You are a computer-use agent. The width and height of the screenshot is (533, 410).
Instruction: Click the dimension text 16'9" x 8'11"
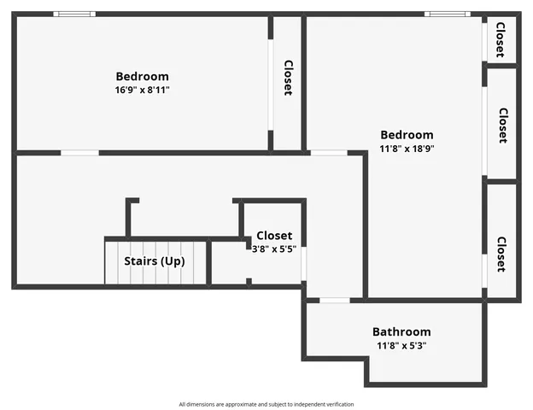[x=142, y=90]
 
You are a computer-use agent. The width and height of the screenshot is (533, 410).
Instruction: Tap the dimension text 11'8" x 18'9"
[x=407, y=148]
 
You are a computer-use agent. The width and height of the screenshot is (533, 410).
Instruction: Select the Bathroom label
[x=401, y=331]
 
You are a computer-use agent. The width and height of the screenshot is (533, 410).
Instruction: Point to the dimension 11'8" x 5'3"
[x=401, y=346]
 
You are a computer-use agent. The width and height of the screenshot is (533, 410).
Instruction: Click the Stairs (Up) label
[x=155, y=261]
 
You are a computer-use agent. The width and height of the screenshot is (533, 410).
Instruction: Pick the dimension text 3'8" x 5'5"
[x=273, y=249]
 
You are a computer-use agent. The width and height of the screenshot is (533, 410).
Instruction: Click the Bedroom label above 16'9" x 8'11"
[x=142, y=76]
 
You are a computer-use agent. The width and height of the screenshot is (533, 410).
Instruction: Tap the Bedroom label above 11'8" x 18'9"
[x=407, y=134]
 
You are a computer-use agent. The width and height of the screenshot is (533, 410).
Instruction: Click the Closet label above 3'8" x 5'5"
[x=273, y=235]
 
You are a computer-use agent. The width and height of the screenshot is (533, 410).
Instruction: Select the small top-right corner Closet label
[x=501, y=38]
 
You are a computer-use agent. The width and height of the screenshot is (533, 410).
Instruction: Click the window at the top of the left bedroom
[x=74, y=14]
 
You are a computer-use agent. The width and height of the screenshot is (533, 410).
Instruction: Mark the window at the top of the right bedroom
[x=447, y=14]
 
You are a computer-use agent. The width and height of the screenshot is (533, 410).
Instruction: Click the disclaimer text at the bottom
[x=266, y=404]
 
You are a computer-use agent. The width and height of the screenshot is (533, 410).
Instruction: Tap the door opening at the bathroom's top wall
[x=335, y=300]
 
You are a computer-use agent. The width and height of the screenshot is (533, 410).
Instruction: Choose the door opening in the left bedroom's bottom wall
[x=79, y=153]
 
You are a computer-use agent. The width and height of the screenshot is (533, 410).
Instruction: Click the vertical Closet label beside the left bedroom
[x=288, y=78]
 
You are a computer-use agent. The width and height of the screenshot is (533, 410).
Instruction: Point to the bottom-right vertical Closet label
[x=501, y=254]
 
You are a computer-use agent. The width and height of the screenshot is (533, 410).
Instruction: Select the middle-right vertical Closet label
[x=502, y=125]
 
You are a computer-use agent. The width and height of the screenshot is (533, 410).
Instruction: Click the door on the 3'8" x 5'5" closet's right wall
[x=303, y=262]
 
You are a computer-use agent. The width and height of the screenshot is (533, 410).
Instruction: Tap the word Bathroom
[x=401, y=331]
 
